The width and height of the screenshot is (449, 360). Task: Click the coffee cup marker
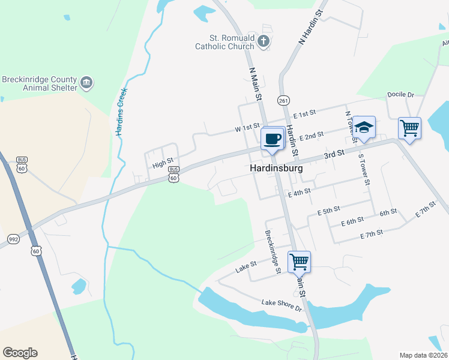(x=273, y=139)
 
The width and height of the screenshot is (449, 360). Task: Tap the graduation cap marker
(x=364, y=127)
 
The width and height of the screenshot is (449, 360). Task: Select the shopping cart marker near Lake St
(x=299, y=262)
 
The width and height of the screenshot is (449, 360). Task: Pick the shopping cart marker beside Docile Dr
(x=409, y=128)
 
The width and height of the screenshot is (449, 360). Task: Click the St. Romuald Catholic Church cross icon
(x=263, y=41)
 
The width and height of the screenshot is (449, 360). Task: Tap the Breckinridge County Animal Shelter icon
(x=86, y=83)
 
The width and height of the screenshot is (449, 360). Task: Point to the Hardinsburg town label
(x=276, y=169)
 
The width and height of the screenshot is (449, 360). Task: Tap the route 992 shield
(x=13, y=239)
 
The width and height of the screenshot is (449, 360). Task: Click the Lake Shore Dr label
(x=282, y=305)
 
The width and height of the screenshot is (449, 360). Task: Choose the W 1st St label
(x=247, y=128)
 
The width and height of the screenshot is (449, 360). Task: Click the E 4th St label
(x=299, y=192)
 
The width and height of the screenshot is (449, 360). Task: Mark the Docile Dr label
(x=402, y=95)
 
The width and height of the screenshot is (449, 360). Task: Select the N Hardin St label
(x=310, y=26)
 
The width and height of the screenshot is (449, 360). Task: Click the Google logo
(x=20, y=353)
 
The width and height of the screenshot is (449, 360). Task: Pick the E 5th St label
(x=328, y=210)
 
